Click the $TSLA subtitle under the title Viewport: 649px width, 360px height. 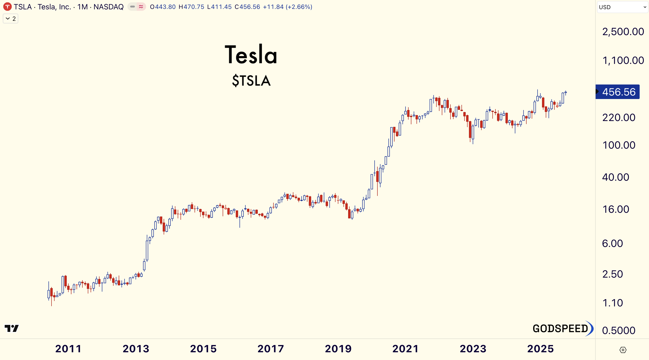[251, 81]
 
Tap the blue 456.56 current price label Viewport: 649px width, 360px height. [619, 92]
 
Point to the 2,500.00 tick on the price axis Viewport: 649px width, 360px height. [623, 32]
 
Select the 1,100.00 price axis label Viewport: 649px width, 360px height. [623, 60]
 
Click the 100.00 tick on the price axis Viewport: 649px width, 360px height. [619, 145]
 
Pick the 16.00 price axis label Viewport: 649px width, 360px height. [616, 209]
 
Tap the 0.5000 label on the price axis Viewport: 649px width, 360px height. [619, 330]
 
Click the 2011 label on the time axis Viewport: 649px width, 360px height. [68, 349]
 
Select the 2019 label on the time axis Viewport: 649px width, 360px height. [338, 349]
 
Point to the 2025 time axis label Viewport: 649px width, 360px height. [540, 349]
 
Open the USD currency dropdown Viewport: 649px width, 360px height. [622, 7]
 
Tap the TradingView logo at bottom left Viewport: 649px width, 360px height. [12, 328]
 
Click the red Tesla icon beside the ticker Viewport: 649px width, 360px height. [7, 7]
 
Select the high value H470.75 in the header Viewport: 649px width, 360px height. [191, 7]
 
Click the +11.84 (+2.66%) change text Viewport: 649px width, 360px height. [288, 7]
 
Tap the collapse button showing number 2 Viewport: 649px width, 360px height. [11, 19]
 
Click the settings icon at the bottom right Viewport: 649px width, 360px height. [623, 350]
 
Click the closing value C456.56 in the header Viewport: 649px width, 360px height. [247, 7]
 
